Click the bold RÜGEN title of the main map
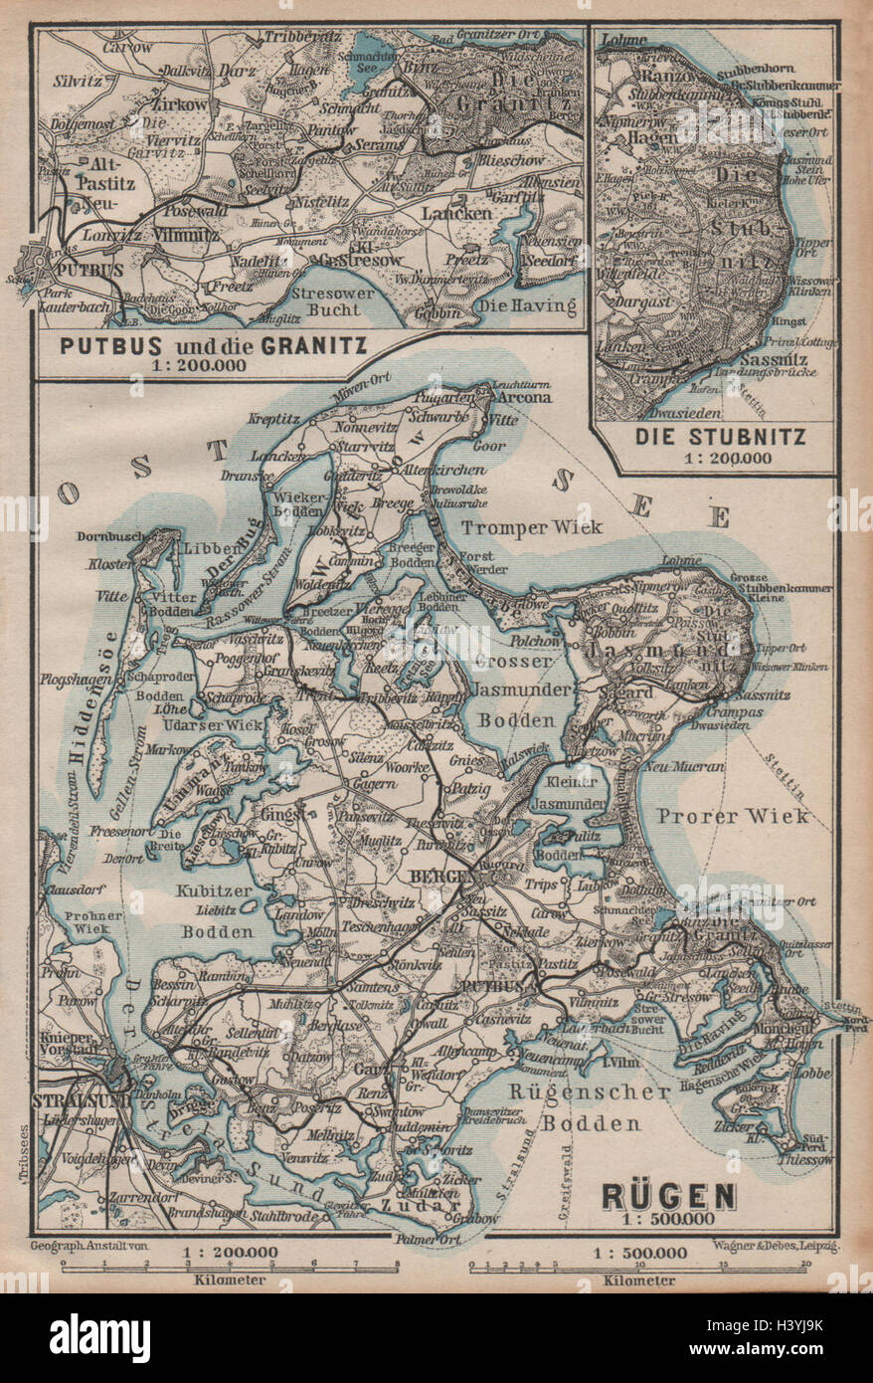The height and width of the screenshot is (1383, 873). tap(668, 1194)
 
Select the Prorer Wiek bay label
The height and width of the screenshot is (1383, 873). tap(732, 816)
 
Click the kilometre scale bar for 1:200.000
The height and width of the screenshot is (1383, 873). tap(230, 1267)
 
